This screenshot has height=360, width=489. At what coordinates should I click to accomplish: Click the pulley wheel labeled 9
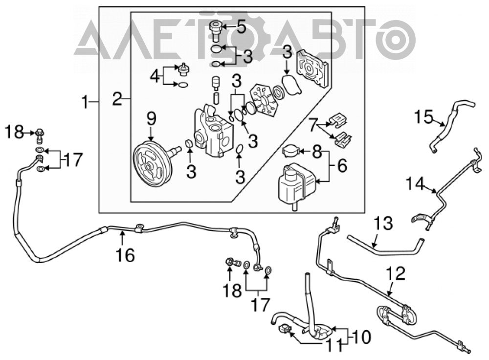coord(152,164)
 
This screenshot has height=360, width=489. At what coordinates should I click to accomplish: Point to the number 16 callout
coord(125,255)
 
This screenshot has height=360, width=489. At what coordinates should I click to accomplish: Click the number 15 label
coord(424,117)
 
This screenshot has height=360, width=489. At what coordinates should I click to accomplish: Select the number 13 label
coord(383,224)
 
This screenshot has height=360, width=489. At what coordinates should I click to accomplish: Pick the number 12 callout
coord(396,273)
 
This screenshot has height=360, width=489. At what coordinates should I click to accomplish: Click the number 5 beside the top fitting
coord(241,27)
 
